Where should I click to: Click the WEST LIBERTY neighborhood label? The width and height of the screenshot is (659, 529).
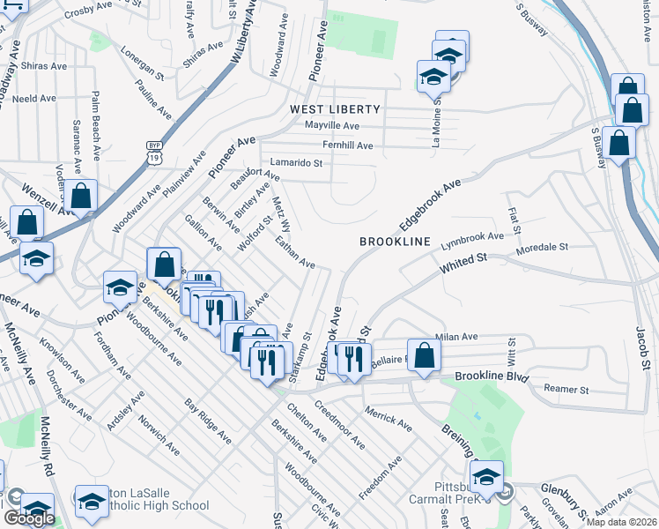click(336, 109)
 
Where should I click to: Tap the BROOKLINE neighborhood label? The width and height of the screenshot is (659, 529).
click(395, 242)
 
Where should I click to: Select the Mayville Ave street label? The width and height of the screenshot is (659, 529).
click(333, 126)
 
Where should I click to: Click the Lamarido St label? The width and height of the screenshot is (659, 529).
click(297, 163)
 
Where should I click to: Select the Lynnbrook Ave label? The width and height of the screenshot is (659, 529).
click(472, 238)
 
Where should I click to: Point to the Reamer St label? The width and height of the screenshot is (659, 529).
click(566, 389)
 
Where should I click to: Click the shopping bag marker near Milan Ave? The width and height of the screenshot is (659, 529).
click(424, 355)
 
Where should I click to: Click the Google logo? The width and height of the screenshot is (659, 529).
click(29, 518)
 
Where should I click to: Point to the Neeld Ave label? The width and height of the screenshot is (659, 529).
click(34, 99)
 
